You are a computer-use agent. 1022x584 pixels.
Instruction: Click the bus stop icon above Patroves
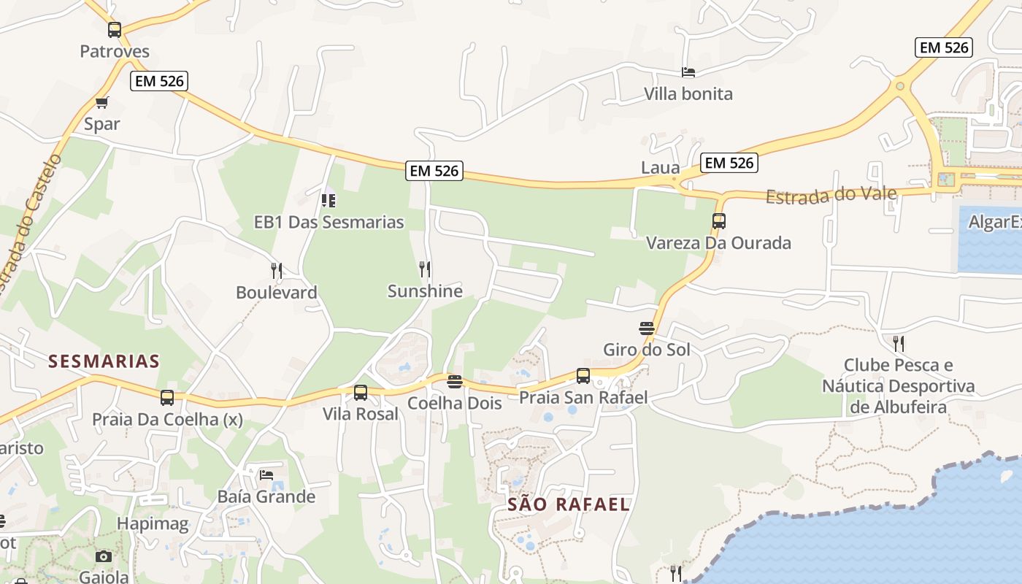coord(115,30)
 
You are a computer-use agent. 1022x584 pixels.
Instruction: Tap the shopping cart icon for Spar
coord(101,103)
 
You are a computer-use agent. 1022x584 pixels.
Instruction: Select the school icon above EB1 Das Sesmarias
coord(328,200)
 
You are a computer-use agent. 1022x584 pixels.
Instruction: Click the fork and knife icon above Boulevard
coord(277,271)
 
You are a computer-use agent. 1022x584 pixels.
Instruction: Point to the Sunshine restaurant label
coord(425,291)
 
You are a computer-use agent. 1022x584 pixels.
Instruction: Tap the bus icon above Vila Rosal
coord(361,393)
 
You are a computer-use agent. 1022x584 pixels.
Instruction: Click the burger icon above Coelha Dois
coord(455,382)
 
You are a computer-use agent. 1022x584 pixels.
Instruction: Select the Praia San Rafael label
coord(583,398)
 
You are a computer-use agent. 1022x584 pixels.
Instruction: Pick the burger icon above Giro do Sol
coord(646,328)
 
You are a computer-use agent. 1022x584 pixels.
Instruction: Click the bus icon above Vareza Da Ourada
coord(719,221)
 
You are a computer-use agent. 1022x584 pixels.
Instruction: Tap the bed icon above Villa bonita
coord(688,72)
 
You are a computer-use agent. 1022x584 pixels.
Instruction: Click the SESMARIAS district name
coord(104,361)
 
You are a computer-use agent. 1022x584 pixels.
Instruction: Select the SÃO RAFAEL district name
coord(568,504)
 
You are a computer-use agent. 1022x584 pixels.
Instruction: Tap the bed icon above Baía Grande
coord(266,475)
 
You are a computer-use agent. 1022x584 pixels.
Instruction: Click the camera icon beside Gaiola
coord(104,557)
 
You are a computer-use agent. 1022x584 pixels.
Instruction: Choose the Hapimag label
coord(153,523)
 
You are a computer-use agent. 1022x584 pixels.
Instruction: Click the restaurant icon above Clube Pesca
coord(899,343)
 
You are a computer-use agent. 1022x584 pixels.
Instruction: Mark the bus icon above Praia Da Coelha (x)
coord(167,398)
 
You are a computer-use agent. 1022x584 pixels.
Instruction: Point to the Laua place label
coord(660,168)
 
